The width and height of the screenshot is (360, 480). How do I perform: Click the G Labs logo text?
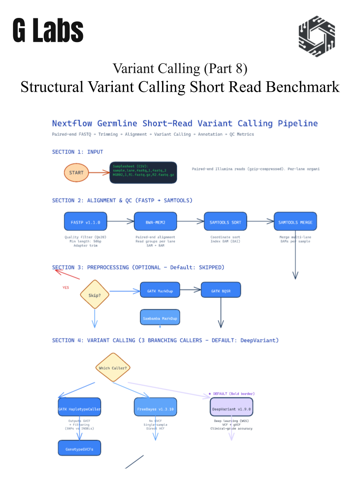[48, 30]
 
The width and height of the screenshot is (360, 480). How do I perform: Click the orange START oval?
[76, 172]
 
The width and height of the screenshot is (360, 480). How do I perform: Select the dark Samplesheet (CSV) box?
[143, 172]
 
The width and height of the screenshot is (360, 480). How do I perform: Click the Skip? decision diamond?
[95, 294]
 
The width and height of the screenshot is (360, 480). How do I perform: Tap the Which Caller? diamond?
[113, 367]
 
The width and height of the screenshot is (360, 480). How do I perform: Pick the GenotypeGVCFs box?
[79, 448]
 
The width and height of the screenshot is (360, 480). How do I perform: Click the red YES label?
[66, 287]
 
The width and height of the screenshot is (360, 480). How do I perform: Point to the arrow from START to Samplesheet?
[99, 172]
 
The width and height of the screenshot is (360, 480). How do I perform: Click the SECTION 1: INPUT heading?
[77, 152]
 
